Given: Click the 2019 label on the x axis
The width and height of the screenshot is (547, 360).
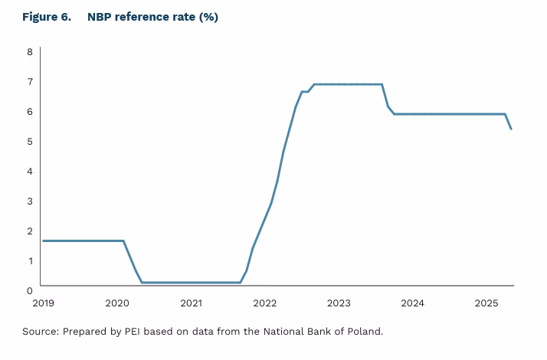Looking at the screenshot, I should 43,303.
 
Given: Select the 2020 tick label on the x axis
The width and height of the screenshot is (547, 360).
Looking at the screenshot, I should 117,303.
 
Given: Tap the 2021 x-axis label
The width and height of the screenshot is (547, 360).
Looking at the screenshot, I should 191,303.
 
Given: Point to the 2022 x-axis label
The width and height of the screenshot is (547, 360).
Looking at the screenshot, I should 265,303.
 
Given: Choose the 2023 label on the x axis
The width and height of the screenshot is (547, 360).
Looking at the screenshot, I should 339,303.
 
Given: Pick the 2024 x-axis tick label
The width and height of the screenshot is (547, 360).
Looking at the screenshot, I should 412,303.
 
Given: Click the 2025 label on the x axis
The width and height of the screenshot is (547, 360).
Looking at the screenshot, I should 486,303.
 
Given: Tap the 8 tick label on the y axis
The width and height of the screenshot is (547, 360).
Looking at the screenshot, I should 30,52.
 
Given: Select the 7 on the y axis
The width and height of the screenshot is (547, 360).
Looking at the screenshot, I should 30,82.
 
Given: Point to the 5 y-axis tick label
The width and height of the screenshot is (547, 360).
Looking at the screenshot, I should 30,142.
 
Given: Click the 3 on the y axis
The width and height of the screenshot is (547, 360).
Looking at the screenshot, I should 30,201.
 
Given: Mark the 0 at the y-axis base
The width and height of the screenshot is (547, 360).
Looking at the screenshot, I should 30,290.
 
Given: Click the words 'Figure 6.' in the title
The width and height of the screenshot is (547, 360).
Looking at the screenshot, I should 46,18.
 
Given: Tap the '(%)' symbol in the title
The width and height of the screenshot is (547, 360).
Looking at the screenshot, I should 208,18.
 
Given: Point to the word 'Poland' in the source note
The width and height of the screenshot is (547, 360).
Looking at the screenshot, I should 362,332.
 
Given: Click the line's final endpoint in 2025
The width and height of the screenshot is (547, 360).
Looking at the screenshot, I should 511,129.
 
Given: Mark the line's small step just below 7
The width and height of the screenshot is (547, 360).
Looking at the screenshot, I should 305,92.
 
